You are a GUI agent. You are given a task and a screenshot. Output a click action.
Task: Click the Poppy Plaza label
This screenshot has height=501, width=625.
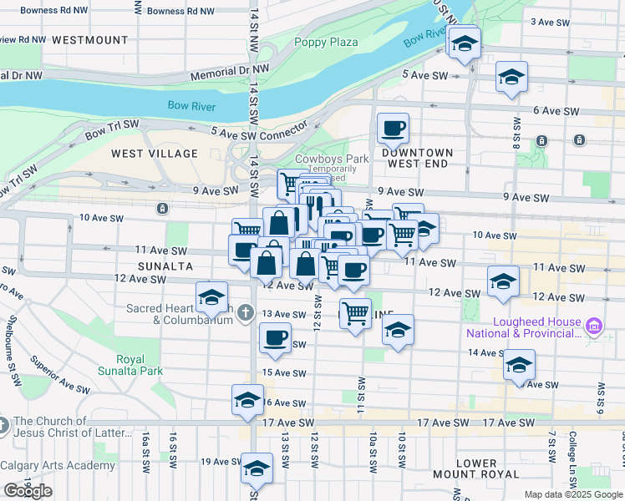[x=325, y=43]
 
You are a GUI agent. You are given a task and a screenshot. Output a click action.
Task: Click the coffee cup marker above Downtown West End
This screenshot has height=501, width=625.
[x=393, y=129]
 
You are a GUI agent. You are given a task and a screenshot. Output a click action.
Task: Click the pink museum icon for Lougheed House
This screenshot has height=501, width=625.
[x=593, y=324]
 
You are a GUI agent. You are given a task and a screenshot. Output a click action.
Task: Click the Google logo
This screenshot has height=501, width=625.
[x=27, y=490]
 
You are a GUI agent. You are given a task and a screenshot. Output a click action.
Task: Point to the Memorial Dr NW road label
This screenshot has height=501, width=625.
[x=230, y=73]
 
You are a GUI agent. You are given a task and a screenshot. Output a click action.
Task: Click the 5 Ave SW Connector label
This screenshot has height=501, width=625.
[x=260, y=132]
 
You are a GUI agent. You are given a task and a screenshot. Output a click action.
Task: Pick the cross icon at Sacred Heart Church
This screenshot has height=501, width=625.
[x=244, y=314]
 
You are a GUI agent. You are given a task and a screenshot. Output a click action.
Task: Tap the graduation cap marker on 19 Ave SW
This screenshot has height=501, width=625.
[x=257, y=468]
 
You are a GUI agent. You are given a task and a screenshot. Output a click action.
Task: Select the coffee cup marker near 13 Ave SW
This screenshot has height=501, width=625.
[x=275, y=339]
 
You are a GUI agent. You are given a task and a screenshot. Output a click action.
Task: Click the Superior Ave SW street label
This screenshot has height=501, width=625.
[x=59, y=376]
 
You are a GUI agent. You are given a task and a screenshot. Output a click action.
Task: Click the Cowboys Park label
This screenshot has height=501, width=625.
[x=332, y=159]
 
